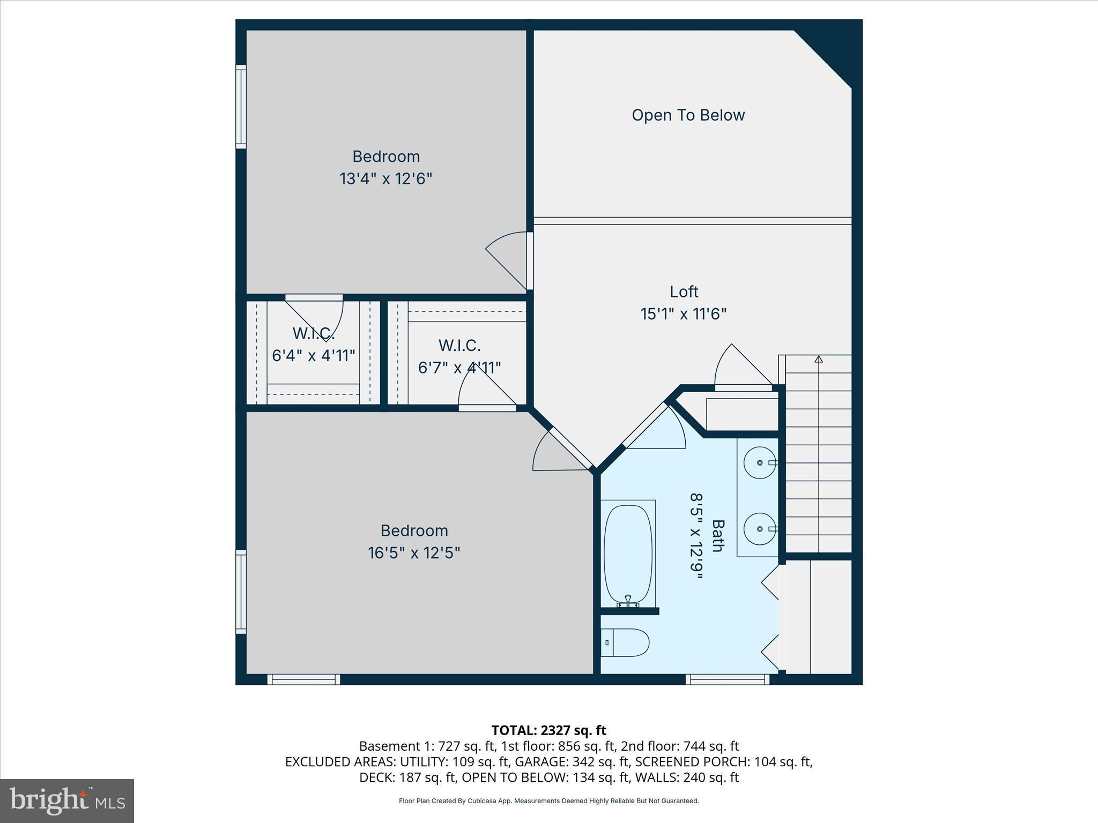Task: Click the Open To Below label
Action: [x=688, y=115]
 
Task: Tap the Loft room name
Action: [x=684, y=291]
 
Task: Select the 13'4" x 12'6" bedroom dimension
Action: [x=385, y=178]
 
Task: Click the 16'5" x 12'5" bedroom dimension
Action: [x=414, y=552]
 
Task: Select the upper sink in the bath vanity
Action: [x=759, y=462]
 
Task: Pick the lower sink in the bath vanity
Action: [x=759, y=529]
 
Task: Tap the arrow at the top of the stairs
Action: [x=818, y=359]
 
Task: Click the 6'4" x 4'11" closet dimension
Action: [x=314, y=355]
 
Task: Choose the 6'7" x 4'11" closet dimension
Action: [x=459, y=368]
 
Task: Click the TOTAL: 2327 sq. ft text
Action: [x=548, y=730]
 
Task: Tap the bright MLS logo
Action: [x=66, y=800]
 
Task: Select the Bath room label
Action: [x=718, y=535]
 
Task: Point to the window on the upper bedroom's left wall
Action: [x=241, y=107]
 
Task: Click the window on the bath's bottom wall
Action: [x=728, y=679]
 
